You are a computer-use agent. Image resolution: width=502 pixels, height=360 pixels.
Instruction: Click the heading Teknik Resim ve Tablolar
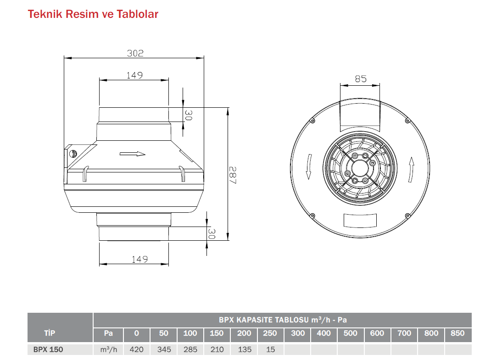click(x=93, y=14)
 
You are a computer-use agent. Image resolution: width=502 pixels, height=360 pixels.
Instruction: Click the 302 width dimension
click(x=135, y=53)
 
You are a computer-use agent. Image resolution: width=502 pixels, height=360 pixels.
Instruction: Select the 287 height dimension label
click(x=233, y=175)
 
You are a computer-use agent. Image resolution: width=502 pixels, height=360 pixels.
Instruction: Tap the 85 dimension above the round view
click(x=361, y=79)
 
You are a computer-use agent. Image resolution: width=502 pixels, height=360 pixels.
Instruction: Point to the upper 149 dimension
click(x=134, y=75)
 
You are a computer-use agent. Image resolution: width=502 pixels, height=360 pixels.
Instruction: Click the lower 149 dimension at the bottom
click(x=139, y=259)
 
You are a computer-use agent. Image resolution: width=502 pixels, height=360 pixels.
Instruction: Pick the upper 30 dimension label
click(x=188, y=115)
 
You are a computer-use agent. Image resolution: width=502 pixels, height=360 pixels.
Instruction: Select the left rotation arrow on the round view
click(x=309, y=167)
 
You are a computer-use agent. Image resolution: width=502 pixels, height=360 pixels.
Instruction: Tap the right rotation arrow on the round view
click(x=412, y=170)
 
